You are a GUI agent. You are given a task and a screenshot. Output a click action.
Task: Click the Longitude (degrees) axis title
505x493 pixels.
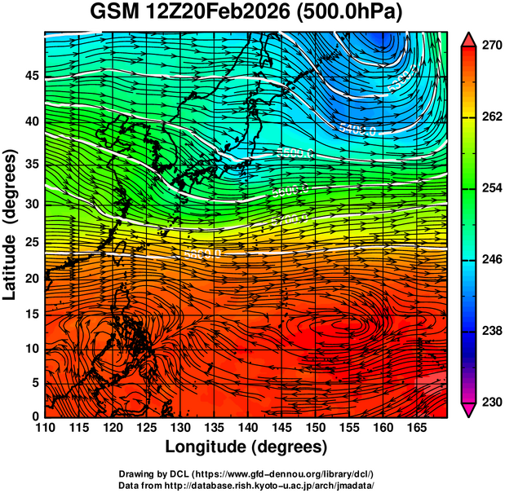tap(246, 447)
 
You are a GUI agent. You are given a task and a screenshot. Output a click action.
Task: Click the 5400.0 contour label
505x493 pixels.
tap(357, 130)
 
